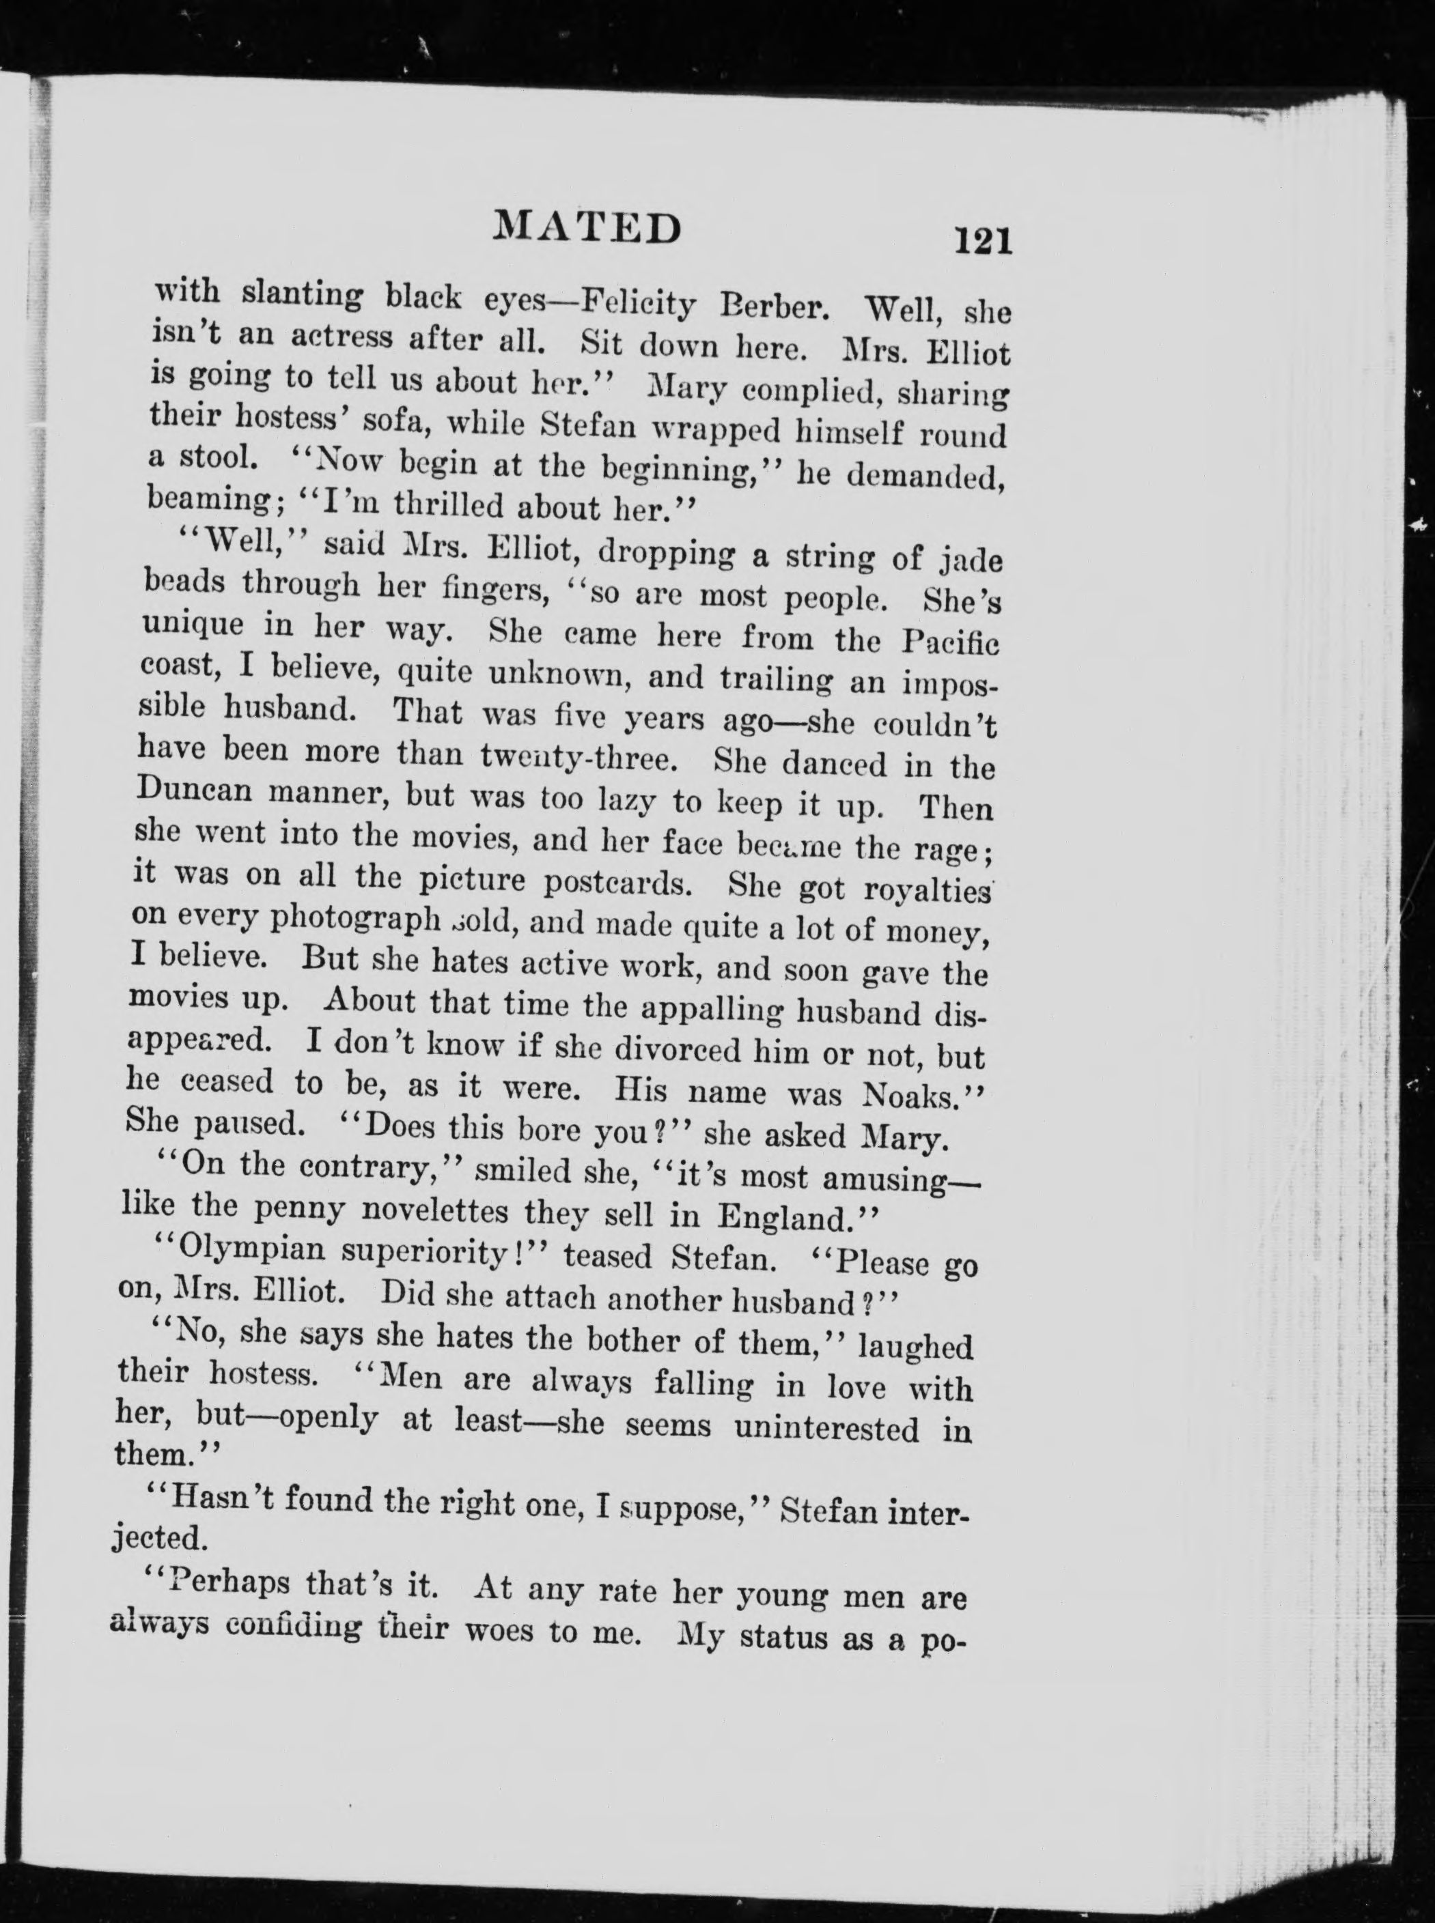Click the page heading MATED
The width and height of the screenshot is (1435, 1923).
(587, 227)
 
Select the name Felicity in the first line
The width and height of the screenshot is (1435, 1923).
(639, 303)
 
